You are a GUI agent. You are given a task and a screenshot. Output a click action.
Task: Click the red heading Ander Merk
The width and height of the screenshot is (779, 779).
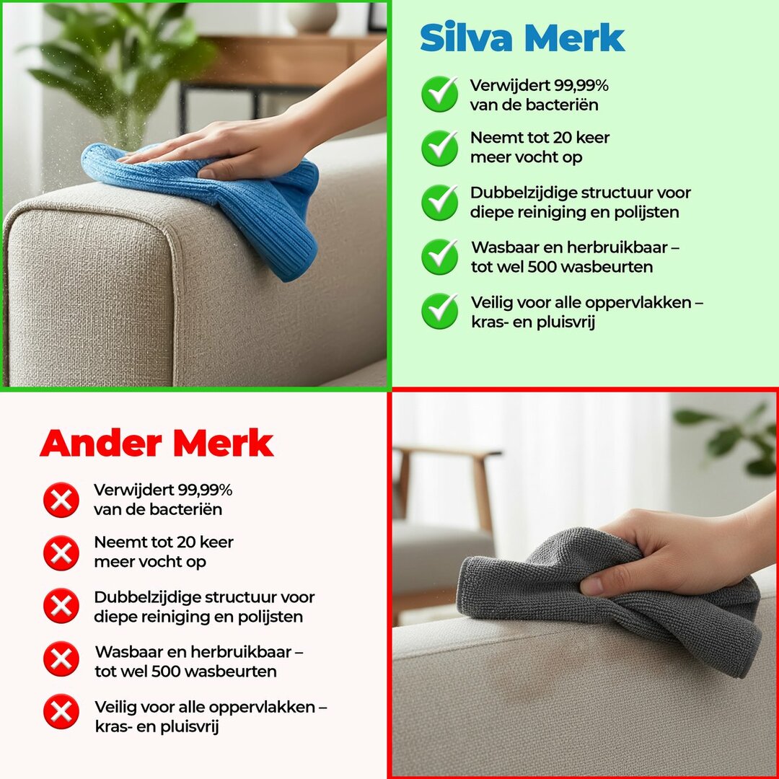tap(157, 443)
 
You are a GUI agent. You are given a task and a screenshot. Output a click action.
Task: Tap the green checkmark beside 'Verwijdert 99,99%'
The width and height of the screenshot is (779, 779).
tap(439, 94)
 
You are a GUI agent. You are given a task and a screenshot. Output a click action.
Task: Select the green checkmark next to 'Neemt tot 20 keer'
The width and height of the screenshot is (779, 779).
tap(439, 148)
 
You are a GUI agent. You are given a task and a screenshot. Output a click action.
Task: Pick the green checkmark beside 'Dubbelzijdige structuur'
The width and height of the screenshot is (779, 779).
tap(439, 203)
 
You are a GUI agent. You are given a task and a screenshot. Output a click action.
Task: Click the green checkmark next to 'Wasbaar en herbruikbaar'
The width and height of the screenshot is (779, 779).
tap(439, 257)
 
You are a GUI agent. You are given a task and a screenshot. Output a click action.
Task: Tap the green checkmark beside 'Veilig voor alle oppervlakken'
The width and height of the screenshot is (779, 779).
tap(439, 311)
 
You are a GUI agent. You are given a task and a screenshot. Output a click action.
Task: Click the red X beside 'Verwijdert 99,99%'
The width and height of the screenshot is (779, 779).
tap(61, 500)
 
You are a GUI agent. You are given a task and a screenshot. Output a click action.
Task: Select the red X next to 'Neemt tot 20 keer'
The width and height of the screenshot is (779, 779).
tap(61, 553)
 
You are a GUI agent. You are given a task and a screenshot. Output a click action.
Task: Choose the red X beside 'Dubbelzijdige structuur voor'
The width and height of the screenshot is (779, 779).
tap(61, 606)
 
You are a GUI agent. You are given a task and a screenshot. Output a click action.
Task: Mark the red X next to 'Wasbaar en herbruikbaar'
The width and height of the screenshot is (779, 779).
tap(61, 659)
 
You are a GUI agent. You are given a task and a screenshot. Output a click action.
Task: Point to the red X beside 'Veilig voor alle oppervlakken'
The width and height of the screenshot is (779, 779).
tap(61, 712)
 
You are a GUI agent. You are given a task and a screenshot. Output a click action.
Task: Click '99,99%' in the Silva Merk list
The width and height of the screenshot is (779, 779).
tap(581, 86)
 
